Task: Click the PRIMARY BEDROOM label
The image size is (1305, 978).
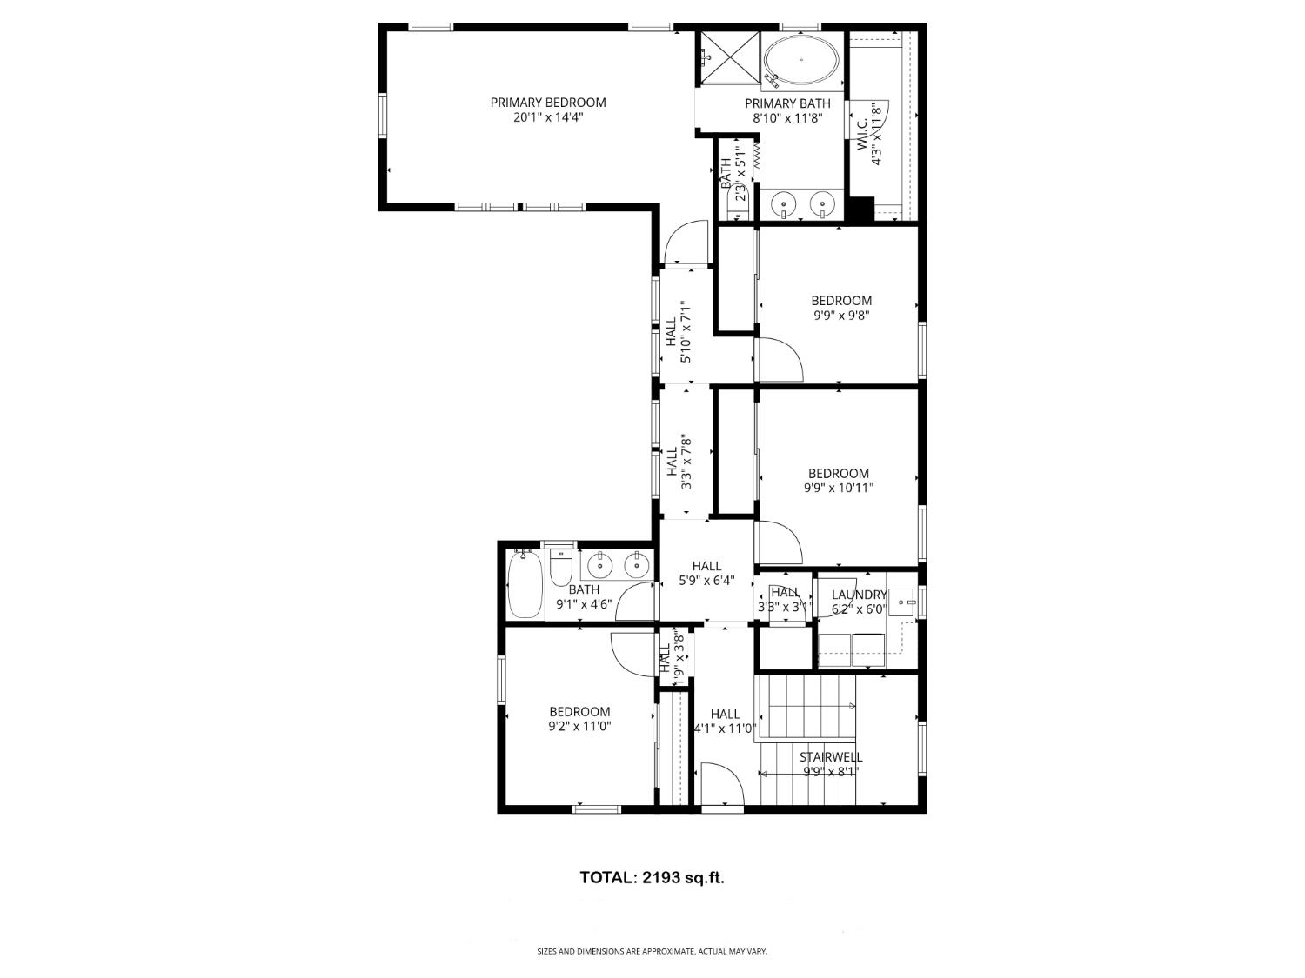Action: pos(547,102)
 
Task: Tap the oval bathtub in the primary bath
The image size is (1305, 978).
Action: pos(801,59)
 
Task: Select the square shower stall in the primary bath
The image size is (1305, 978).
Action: pos(729,57)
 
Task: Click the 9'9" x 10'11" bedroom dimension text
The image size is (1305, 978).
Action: pos(839,489)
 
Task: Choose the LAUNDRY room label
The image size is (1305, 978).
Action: pos(859,595)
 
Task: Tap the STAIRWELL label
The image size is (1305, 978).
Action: pos(831,757)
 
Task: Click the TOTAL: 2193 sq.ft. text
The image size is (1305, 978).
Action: pos(652,877)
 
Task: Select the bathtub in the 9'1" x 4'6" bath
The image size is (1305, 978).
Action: pos(525,585)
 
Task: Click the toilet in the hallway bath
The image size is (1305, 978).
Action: pos(561,568)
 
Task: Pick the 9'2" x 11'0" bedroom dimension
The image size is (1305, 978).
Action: pos(579,726)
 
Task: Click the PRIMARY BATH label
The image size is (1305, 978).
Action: pos(787,103)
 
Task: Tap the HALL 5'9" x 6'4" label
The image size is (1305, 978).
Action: pos(706,566)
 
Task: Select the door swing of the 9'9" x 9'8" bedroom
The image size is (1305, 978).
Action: pos(779,358)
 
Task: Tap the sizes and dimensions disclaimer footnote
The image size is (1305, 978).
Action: pos(652,952)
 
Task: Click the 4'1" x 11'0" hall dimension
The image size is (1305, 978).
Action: pos(725,729)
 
